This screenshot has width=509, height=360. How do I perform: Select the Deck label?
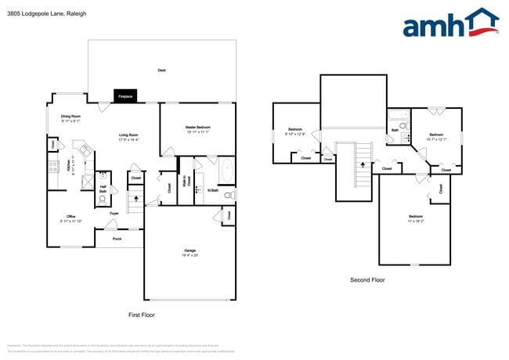(161, 70)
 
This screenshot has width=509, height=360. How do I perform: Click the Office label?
(70, 218)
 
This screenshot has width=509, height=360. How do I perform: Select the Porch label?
(117, 239)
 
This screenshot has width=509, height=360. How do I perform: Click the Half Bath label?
(103, 188)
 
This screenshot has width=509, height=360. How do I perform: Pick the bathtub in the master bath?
(226, 170)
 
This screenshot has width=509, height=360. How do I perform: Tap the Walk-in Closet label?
(189, 182)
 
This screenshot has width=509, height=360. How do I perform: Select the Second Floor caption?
(367, 279)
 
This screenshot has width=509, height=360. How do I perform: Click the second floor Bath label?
(394, 131)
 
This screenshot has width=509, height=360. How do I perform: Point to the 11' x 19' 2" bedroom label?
(415, 218)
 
